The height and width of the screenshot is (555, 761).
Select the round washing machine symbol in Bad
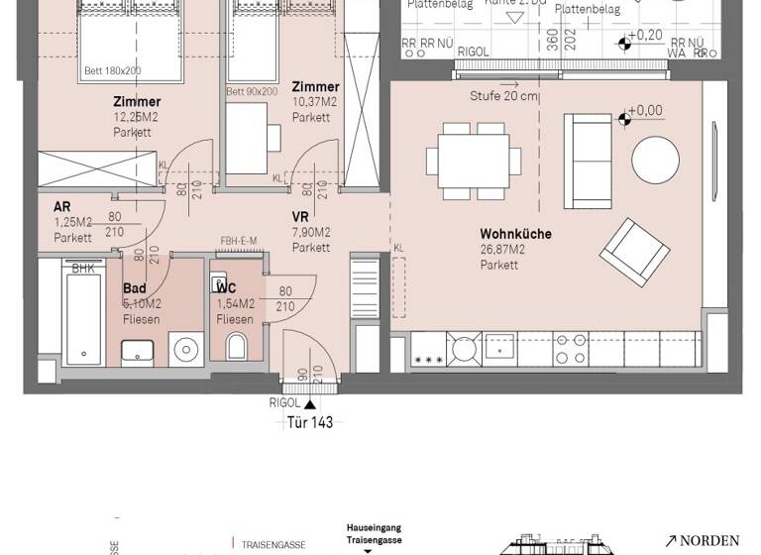coord(185,348)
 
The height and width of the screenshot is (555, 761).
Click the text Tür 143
coord(310,421)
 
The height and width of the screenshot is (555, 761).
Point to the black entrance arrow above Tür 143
coord(310,403)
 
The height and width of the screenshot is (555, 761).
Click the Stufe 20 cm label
coord(504,96)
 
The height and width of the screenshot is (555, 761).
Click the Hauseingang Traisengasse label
coord(373,534)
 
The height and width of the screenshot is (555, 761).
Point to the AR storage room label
coord(62,206)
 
